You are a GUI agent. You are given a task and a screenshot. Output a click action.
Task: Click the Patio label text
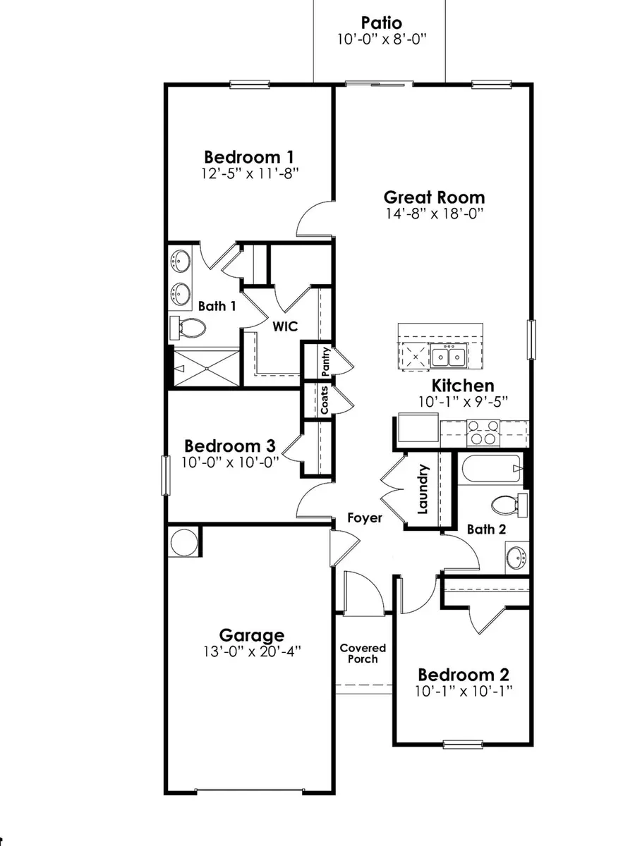click(381, 23)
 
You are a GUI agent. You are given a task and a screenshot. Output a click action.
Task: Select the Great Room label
click(434, 197)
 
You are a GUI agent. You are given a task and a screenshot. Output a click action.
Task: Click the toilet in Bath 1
click(188, 327)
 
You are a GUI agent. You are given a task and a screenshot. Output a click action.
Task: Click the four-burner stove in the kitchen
click(483, 431)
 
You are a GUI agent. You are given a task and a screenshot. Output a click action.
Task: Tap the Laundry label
click(423, 489)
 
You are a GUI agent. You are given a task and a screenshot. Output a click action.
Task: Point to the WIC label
click(286, 326)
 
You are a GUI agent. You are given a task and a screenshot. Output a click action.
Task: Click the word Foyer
click(365, 518)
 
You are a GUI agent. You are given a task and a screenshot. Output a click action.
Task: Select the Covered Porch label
click(363, 653)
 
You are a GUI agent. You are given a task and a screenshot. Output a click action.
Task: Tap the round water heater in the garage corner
click(185, 543)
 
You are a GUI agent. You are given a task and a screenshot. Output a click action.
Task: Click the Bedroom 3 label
click(230, 446)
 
